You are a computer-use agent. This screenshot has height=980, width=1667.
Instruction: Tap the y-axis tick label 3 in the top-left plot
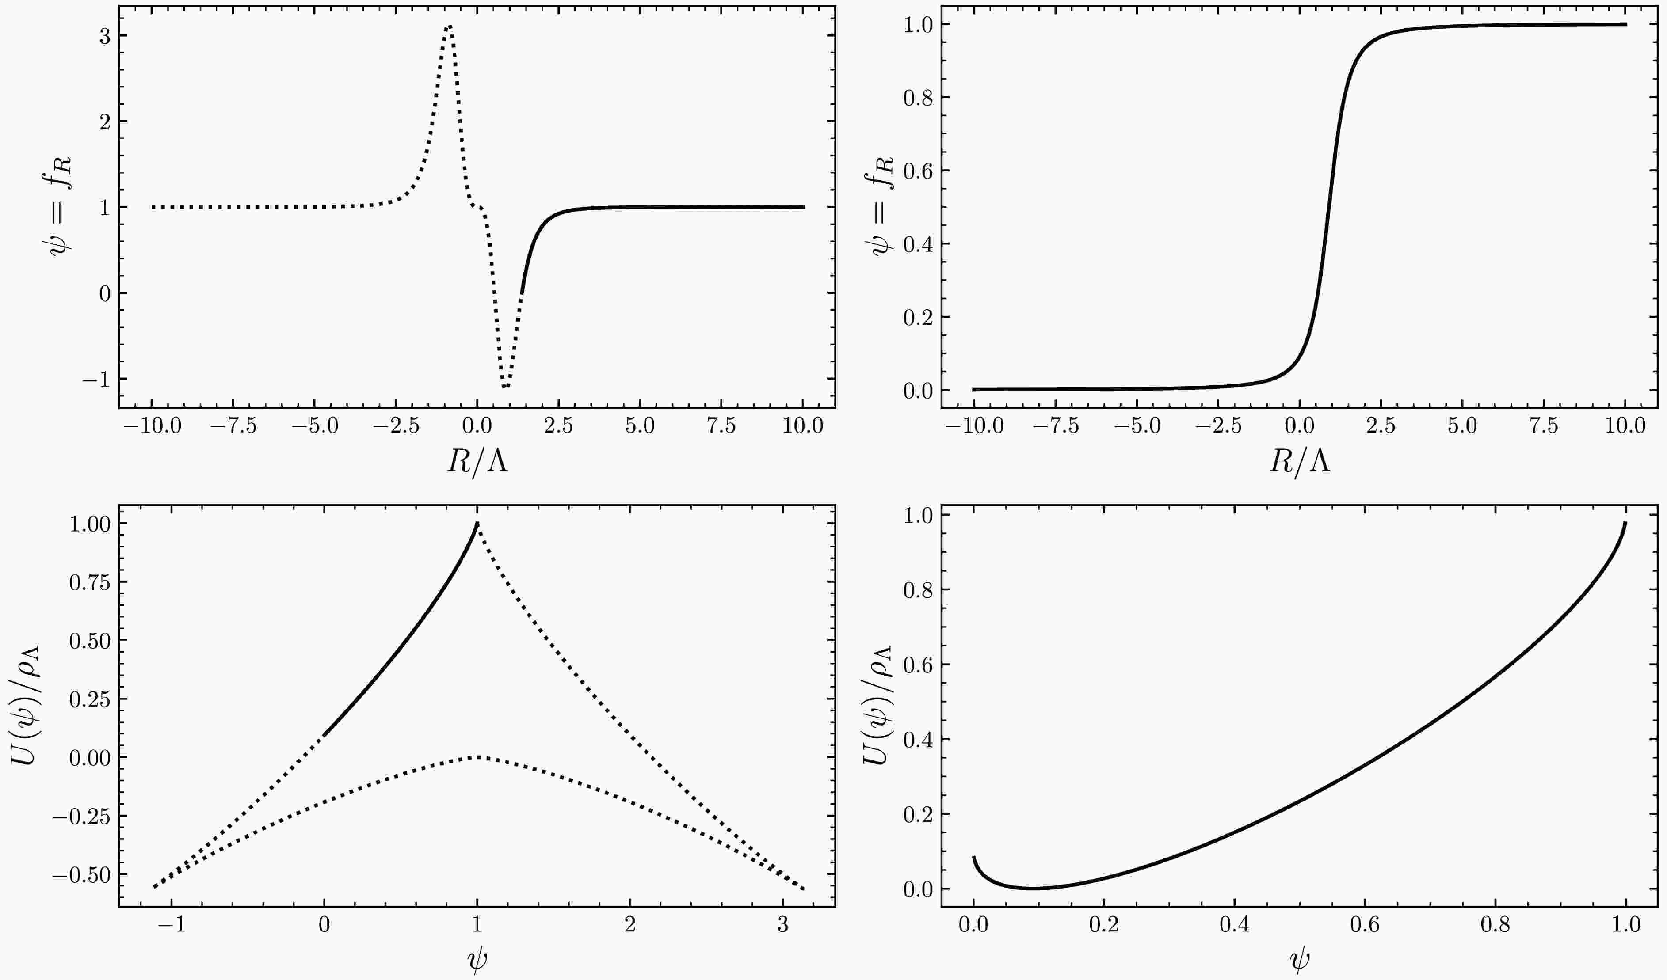tap(104, 36)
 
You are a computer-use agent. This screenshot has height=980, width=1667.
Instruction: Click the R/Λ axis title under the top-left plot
tap(477, 462)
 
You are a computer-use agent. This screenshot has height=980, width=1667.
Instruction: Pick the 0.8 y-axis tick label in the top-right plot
tap(919, 97)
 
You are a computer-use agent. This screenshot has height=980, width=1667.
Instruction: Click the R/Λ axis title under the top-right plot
tap(1299, 462)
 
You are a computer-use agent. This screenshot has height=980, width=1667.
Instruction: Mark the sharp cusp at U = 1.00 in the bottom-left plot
tap(477, 523)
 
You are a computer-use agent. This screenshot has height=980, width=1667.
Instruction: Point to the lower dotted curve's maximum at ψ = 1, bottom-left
tap(477, 756)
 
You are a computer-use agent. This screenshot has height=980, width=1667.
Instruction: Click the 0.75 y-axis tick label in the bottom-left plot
tap(90, 582)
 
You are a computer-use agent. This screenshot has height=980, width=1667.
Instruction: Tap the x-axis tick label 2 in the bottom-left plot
tap(630, 924)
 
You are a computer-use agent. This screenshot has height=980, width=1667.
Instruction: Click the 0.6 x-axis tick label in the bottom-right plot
tap(1365, 924)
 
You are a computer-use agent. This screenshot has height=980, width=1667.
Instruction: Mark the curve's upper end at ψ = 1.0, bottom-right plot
tap(1625, 523)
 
